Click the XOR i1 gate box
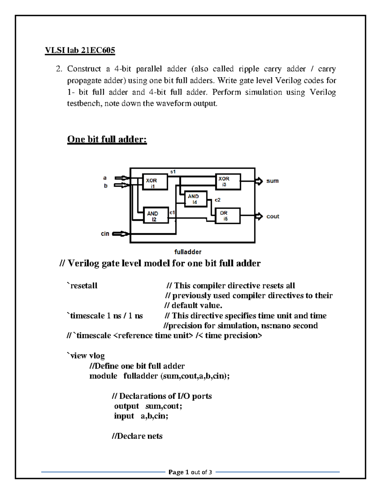tap(155, 182)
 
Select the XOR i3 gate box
tap(228, 182)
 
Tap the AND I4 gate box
tap(196, 199)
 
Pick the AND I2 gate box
tap(156, 216)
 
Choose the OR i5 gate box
tap(227, 216)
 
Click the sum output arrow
tap(259, 181)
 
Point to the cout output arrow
tap(259, 217)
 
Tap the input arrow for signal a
tap(122, 178)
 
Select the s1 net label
tap(173, 172)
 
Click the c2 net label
tap(217, 200)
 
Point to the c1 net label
tap(172, 212)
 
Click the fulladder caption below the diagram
tap(188, 252)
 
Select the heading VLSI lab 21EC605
tap(80, 50)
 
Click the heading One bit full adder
tap(107, 139)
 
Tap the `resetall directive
tap(82, 286)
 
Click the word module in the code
tap(103, 376)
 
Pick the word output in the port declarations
tap(126, 406)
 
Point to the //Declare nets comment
tap(137, 436)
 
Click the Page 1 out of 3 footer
tap(190, 472)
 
